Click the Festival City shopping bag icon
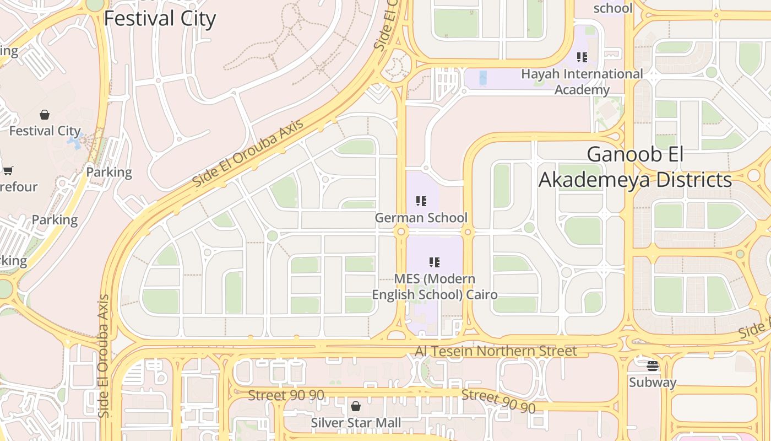pyautogui.click(x=45, y=115)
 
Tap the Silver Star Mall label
pyautogui.click(x=356, y=423)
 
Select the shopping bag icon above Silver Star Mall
pyautogui.click(x=356, y=407)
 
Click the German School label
pyautogui.click(x=421, y=218)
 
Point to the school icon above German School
pyautogui.click(x=421, y=201)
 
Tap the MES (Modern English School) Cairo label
pyautogui.click(x=435, y=287)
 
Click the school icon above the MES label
pyautogui.click(x=435, y=262)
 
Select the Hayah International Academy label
pyautogui.click(x=582, y=82)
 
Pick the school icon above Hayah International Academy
pyautogui.click(x=582, y=57)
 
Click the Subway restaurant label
pyautogui.click(x=653, y=382)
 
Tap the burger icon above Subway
pyautogui.click(x=653, y=365)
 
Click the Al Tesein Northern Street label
pyautogui.click(x=496, y=351)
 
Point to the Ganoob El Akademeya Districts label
pyautogui.click(x=635, y=167)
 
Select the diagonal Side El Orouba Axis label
pyautogui.click(x=248, y=153)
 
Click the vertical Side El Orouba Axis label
pyautogui.click(x=104, y=356)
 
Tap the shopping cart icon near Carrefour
pyautogui.click(x=8, y=170)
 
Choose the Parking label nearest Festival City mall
pyautogui.click(x=109, y=172)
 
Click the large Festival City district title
pyautogui.click(x=160, y=18)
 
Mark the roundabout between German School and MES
pyautogui.click(x=401, y=232)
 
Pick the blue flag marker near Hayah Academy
pyautogui.click(x=483, y=78)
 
